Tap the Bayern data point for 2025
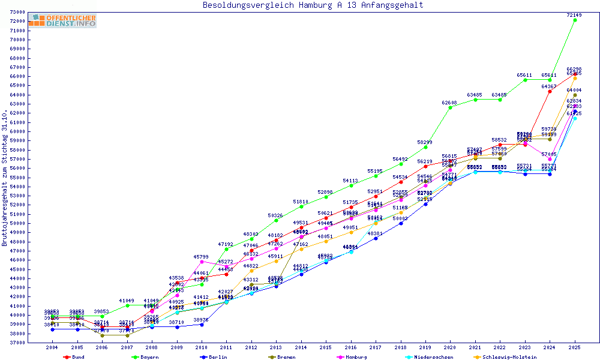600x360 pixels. click(575, 20)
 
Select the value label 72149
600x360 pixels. click(575, 14)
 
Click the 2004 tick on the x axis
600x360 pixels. click(52, 347)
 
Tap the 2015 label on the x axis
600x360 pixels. click(326, 347)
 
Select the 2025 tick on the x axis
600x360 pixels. click(575, 347)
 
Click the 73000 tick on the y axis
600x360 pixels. click(17, 12)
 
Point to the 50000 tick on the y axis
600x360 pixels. click(17, 223)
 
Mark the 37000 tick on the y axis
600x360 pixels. click(17, 343)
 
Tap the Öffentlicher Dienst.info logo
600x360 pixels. click(62, 21)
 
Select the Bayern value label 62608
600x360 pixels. click(450, 103)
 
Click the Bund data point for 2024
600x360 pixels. click(550, 91)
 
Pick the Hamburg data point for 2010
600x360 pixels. click(202, 262)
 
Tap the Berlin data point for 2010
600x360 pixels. click(202, 325)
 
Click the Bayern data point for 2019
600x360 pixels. click(425, 147)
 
